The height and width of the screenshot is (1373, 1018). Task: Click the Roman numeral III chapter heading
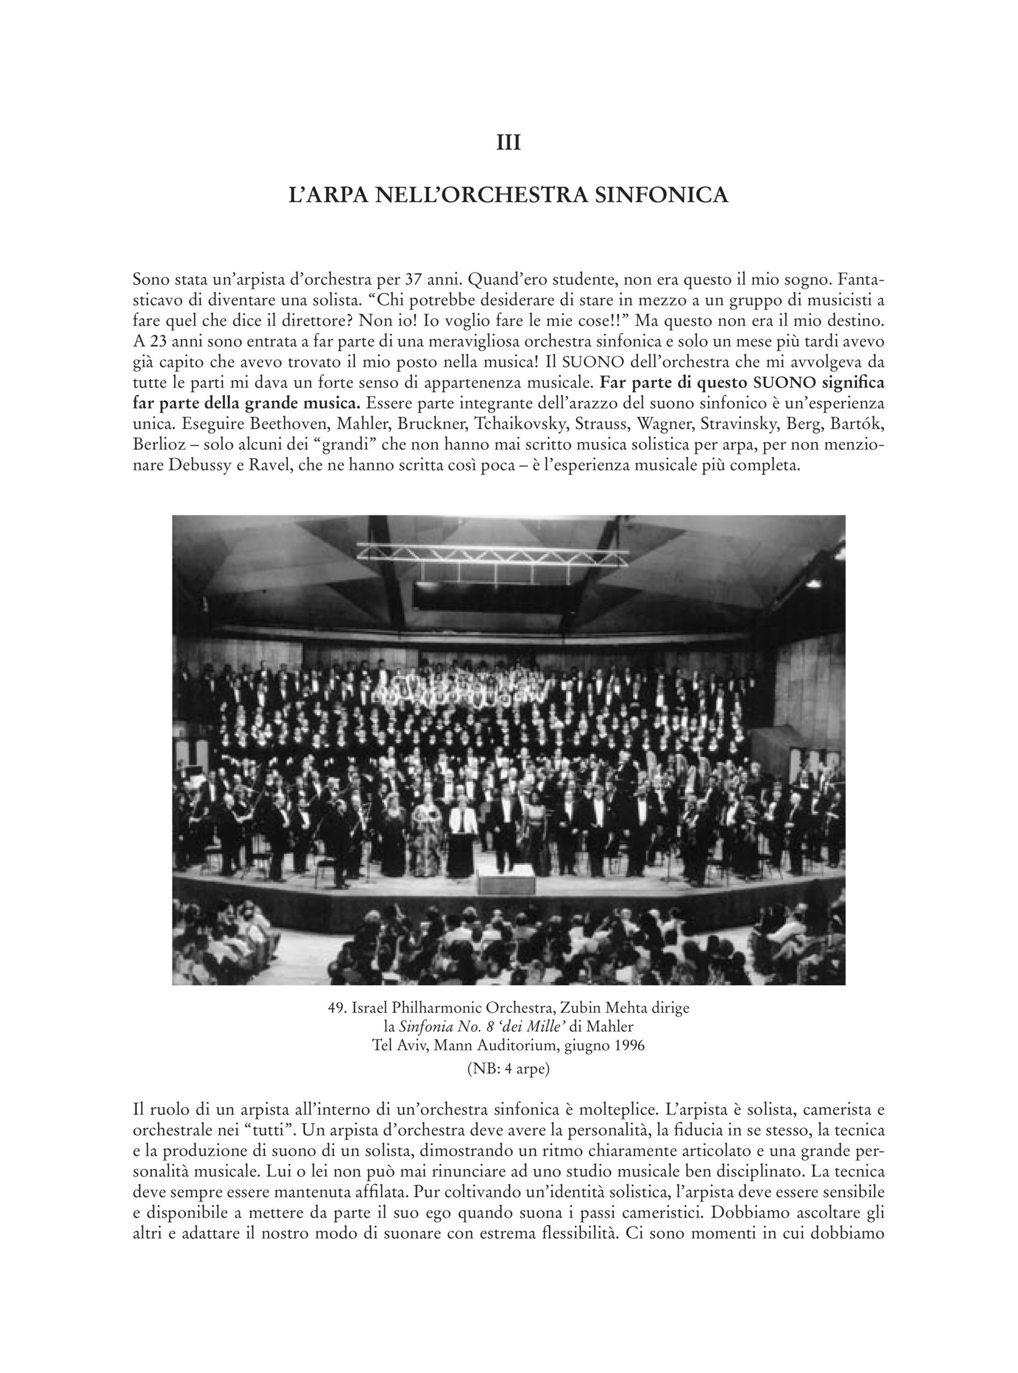coord(509,143)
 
